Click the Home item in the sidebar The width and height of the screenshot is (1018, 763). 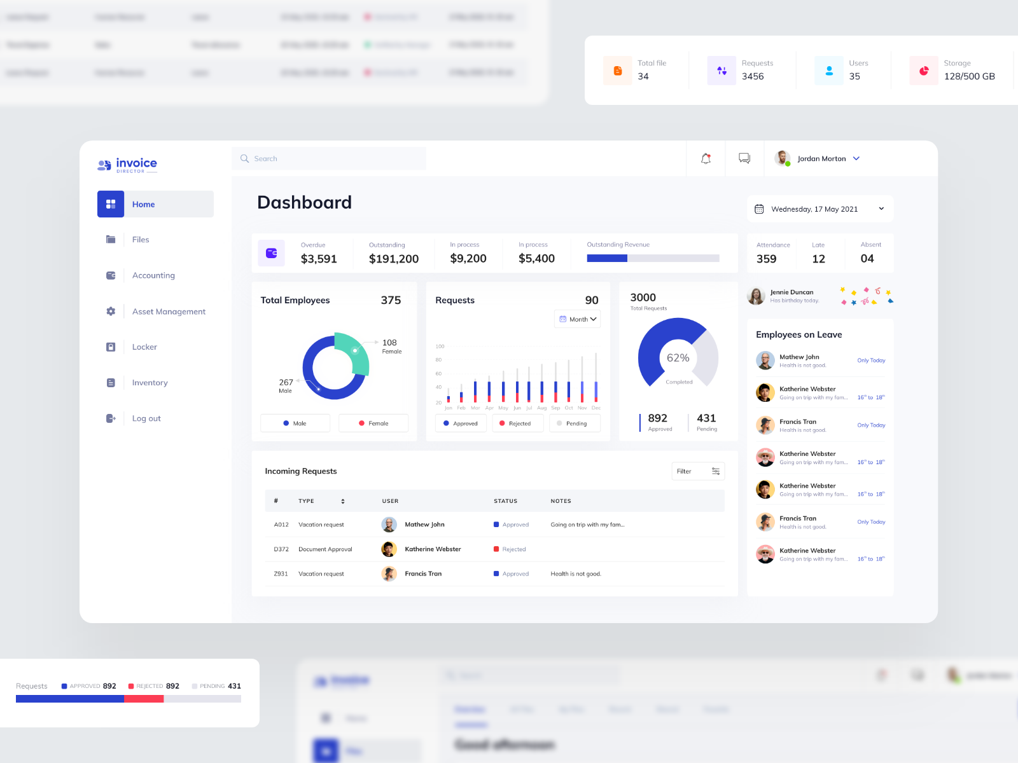(x=155, y=204)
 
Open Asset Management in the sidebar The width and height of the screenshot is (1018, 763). (x=168, y=312)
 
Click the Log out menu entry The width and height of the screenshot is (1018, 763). (x=146, y=418)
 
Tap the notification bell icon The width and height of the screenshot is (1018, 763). (x=706, y=158)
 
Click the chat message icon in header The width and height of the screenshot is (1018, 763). (x=744, y=158)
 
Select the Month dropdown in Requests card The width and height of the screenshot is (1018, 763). (x=578, y=319)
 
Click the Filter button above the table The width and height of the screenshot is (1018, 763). (x=698, y=471)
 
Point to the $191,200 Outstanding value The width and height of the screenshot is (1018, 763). (x=393, y=259)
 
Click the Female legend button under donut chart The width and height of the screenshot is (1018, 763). (x=373, y=423)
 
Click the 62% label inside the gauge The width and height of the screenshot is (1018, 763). (x=678, y=358)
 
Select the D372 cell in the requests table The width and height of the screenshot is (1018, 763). (x=281, y=549)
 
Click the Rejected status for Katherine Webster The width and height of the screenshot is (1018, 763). (x=513, y=549)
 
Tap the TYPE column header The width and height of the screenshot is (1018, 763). (x=307, y=501)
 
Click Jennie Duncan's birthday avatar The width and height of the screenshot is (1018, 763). (x=756, y=296)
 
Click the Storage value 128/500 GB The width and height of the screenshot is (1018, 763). (x=969, y=76)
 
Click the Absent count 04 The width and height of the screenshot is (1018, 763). (x=867, y=259)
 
